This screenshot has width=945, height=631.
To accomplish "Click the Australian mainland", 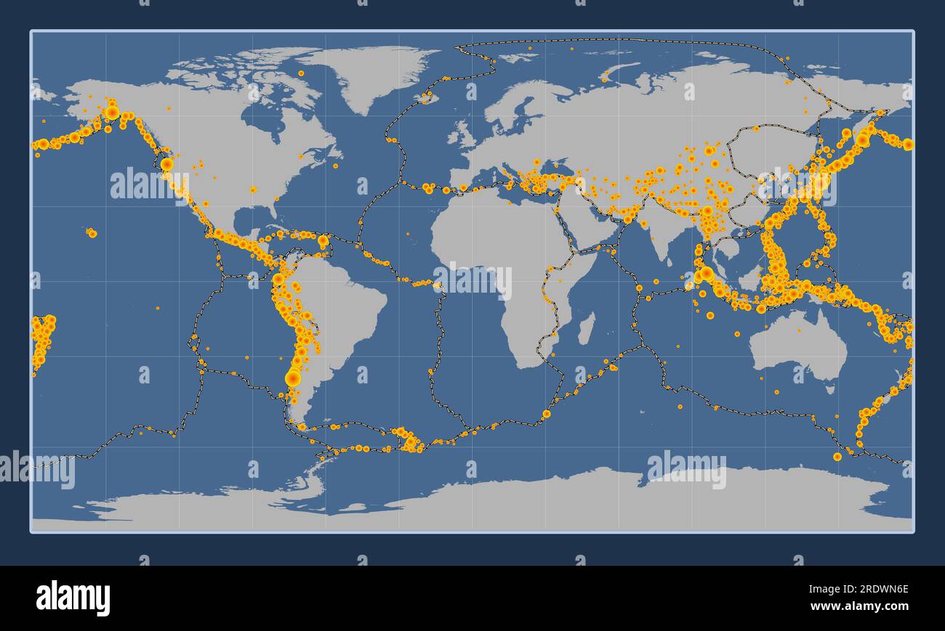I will pyautogui.click(x=796, y=349).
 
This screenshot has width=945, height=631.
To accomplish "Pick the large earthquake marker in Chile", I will pyautogui.click(x=293, y=378).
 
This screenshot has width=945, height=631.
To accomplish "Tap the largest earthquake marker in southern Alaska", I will pyautogui.click(x=111, y=112).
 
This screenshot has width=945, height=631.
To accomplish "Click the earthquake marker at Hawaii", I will pyautogui.click(x=92, y=233).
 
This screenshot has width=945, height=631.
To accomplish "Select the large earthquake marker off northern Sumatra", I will pyautogui.click(x=705, y=273).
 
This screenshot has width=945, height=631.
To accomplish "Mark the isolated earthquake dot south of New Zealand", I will pyautogui.click(x=837, y=457).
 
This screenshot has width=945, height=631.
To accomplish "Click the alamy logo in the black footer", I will pyautogui.click(x=73, y=598).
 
